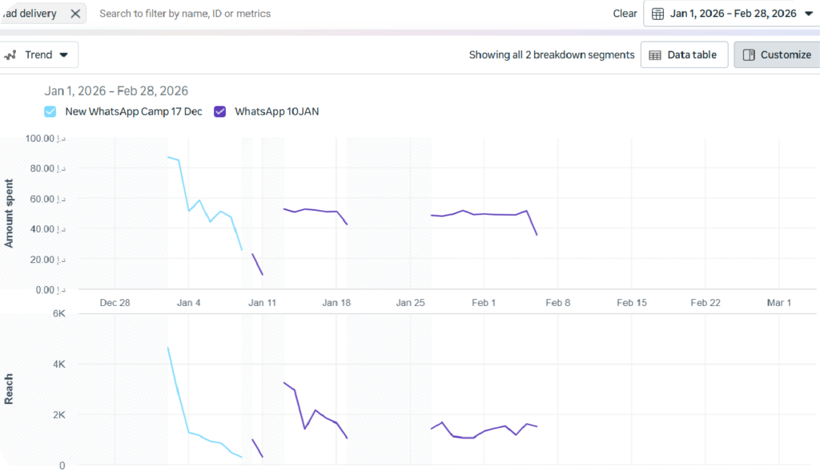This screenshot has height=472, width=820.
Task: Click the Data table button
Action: pos(684,55)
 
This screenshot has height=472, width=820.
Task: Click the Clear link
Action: pos(625,14)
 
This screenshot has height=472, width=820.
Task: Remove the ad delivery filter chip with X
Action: pos(75,14)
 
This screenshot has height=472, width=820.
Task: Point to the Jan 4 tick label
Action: pos(189,303)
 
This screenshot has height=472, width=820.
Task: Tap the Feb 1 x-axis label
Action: pos(484,303)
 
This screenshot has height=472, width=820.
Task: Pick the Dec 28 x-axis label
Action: pos(115,303)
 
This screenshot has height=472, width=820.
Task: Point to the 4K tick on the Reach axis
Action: pos(58,364)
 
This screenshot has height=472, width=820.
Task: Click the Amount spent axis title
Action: pos(10,213)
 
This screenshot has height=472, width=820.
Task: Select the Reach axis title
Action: pos(10,389)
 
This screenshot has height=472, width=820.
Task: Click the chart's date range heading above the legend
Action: pos(116,91)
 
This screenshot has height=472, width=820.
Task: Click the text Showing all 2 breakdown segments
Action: pos(552,55)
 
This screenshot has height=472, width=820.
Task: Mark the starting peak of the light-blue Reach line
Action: pos(168,348)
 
